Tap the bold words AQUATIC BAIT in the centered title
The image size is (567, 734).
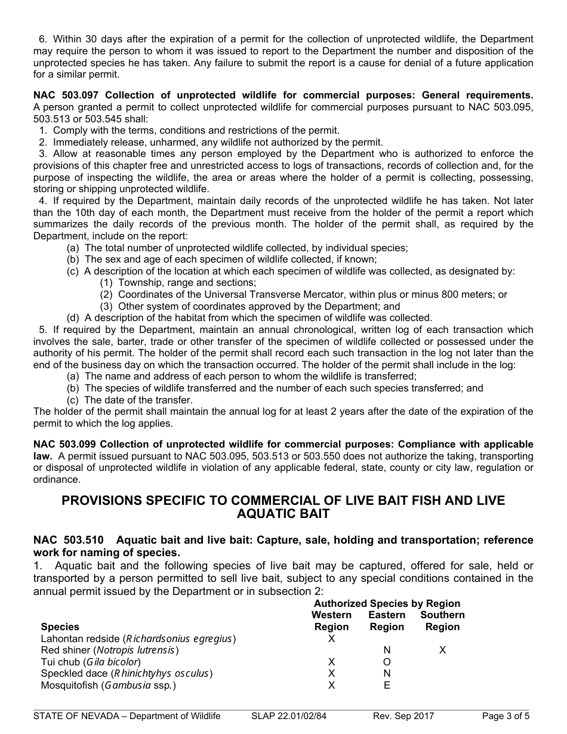click(x=283, y=513)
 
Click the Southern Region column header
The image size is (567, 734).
click(x=442, y=621)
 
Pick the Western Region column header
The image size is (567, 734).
click(x=331, y=621)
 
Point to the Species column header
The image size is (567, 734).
click(x=60, y=627)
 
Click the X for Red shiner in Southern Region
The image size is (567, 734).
click(x=442, y=650)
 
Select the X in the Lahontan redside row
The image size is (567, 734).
click(x=332, y=639)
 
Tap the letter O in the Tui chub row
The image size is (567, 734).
click(x=387, y=662)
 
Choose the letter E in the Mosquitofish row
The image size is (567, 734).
click(x=387, y=686)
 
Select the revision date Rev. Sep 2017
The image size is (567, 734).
click(x=403, y=717)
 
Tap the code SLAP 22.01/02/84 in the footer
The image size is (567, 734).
click(x=289, y=717)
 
